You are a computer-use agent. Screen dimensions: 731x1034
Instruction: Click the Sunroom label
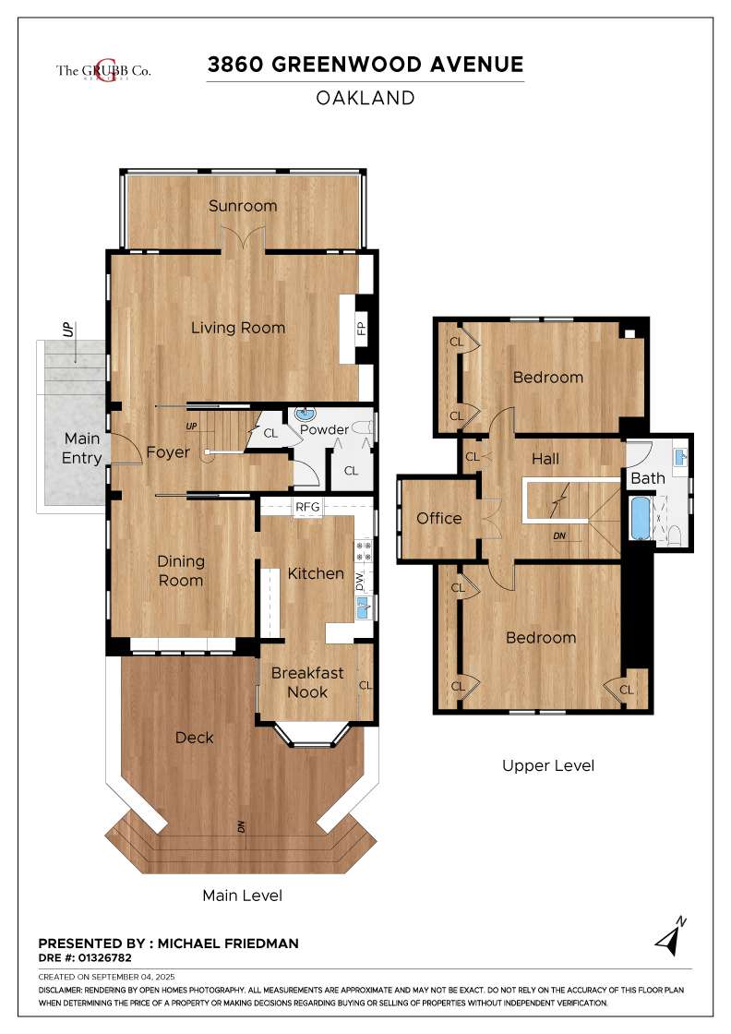(x=243, y=206)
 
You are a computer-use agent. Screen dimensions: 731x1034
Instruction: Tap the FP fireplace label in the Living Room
(x=361, y=328)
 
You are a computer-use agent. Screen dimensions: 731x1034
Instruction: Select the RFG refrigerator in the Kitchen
(x=307, y=507)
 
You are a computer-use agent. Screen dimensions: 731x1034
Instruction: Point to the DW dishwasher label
(x=360, y=581)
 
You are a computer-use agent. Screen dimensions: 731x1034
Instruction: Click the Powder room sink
(x=306, y=415)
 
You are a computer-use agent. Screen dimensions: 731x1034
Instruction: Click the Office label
(x=439, y=518)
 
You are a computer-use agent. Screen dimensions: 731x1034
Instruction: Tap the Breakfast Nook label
(x=308, y=682)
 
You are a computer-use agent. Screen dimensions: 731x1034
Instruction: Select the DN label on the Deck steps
(x=241, y=825)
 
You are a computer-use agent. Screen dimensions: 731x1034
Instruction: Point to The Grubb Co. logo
(x=103, y=70)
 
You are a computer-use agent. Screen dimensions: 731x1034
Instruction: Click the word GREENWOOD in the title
(x=347, y=65)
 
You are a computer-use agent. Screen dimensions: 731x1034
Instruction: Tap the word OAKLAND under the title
(x=365, y=98)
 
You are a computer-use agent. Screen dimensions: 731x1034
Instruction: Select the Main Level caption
(x=243, y=896)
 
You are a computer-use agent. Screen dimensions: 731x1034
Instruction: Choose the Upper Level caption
(x=548, y=765)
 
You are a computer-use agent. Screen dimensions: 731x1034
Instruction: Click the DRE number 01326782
(x=105, y=957)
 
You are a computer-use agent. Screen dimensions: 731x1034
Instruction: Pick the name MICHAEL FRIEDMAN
(x=228, y=943)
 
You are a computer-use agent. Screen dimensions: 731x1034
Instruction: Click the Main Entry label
(x=82, y=449)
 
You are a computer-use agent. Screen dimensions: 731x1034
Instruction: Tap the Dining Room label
(x=181, y=571)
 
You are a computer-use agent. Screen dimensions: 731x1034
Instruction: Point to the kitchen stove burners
(x=364, y=551)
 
